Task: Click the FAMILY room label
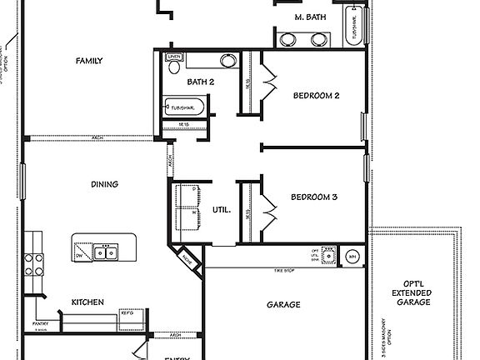[x=89, y=61]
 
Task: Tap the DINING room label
[x=104, y=184]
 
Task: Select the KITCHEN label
[x=87, y=302]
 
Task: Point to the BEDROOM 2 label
[x=316, y=95]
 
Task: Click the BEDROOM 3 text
[x=314, y=197]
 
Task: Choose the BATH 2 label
[x=201, y=82]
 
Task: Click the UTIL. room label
[x=222, y=211]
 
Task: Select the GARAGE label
[x=283, y=305]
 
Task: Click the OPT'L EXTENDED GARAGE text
[x=412, y=292]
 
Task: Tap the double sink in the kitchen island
[x=105, y=251]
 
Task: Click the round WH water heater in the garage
[x=352, y=256]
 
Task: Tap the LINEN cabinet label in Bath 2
[x=174, y=57]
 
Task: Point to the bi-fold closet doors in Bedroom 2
[x=268, y=82]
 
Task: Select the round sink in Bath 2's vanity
[x=226, y=60]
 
